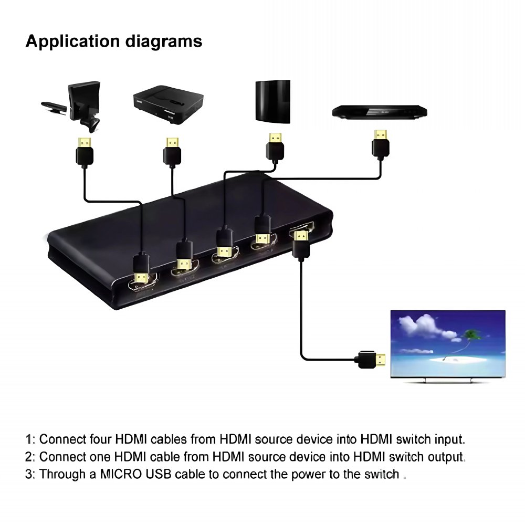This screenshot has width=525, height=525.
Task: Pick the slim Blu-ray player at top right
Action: coord(380,112)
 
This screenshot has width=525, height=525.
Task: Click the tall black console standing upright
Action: coord(273,101)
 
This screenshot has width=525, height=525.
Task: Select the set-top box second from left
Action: coord(168,104)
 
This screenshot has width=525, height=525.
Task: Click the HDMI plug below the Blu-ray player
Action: coord(380,144)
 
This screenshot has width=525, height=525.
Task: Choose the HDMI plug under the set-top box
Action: coord(172,151)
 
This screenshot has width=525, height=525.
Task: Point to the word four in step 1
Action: coord(100,439)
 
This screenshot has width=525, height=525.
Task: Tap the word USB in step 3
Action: coord(159,474)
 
